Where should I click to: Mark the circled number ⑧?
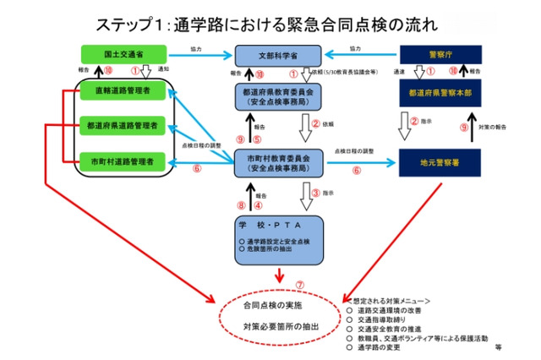click(241, 204)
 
